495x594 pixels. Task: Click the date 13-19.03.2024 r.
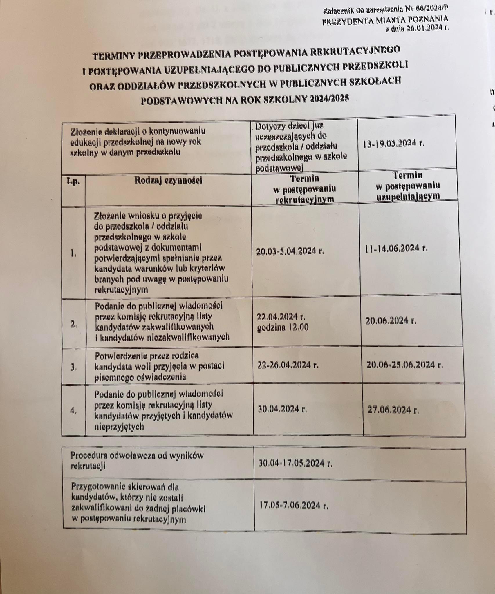coord(393,144)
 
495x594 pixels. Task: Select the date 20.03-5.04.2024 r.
coord(290,251)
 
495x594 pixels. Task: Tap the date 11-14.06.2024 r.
coord(396,248)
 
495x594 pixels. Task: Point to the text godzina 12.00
coord(283,327)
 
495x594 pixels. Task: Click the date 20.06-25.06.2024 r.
coord(404,365)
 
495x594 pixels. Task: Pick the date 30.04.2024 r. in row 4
coord(282,409)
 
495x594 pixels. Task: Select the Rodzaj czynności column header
coord(168,180)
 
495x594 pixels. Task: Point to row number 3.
coord(74,367)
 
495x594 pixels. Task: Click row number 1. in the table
coord(73,254)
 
